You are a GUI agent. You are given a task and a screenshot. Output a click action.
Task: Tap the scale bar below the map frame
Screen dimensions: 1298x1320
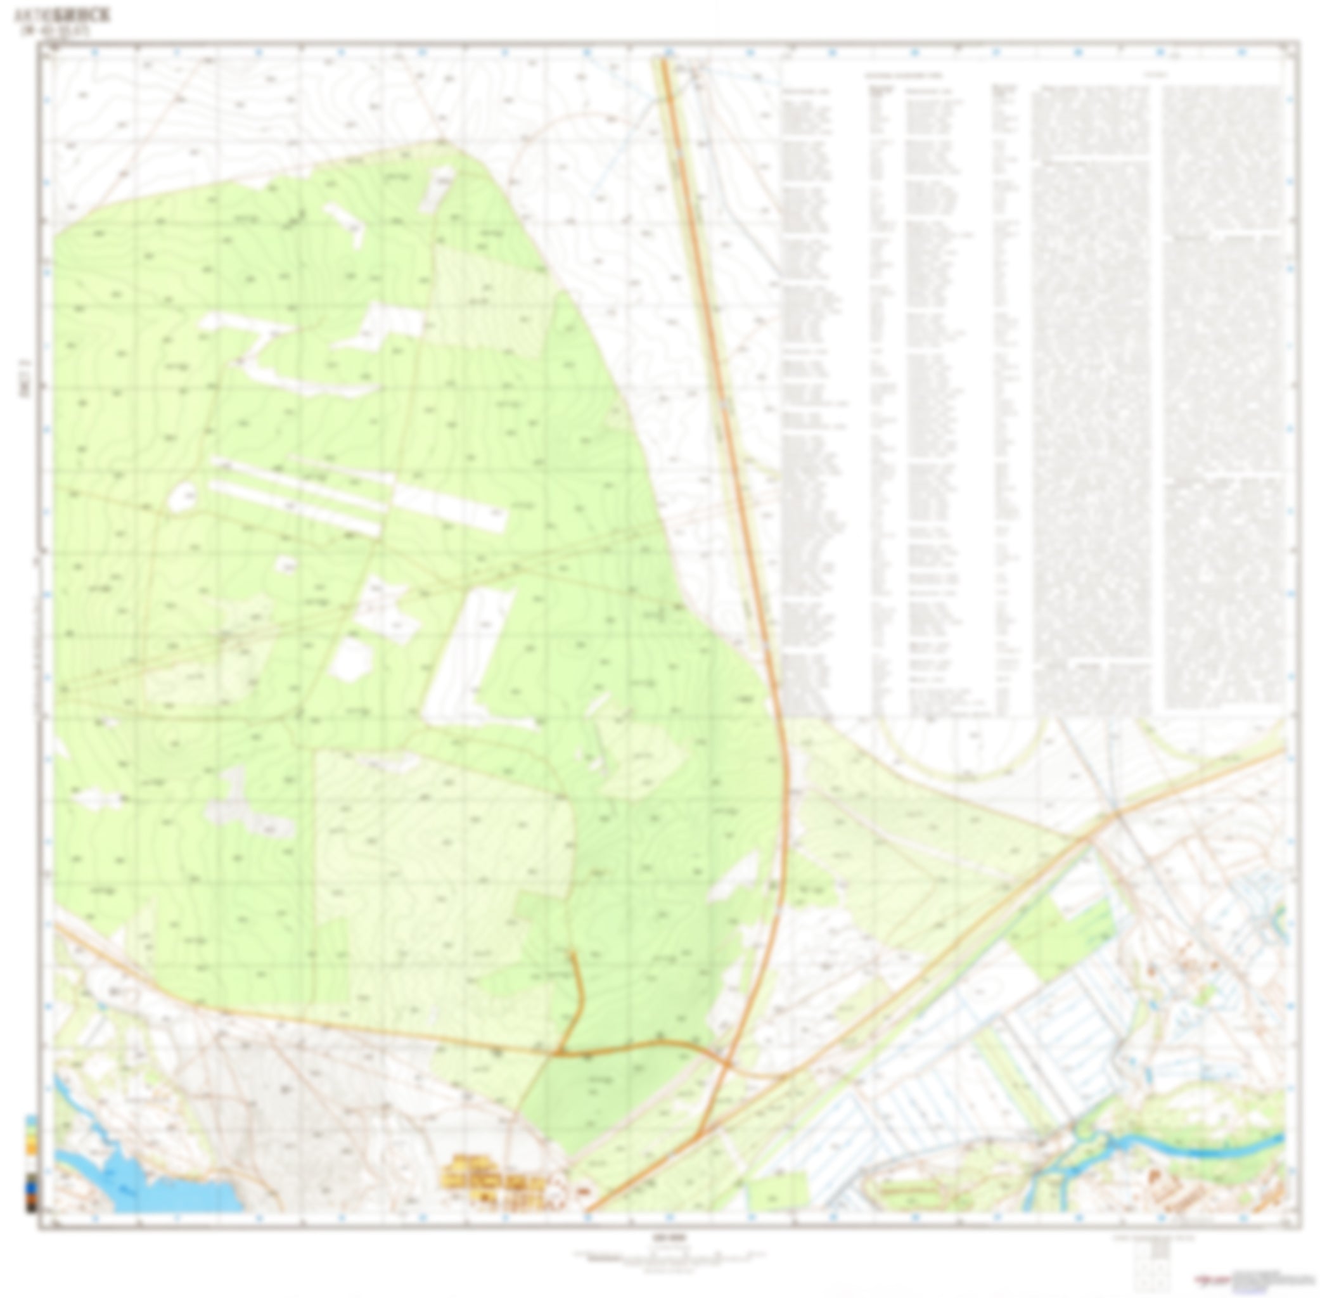pyautogui.click(x=668, y=1253)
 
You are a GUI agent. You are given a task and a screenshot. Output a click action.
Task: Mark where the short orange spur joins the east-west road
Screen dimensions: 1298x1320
pyautogui.click(x=560, y=1053)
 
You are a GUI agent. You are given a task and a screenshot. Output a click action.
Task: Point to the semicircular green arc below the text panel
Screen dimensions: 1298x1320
pyautogui.click(x=961, y=757)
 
